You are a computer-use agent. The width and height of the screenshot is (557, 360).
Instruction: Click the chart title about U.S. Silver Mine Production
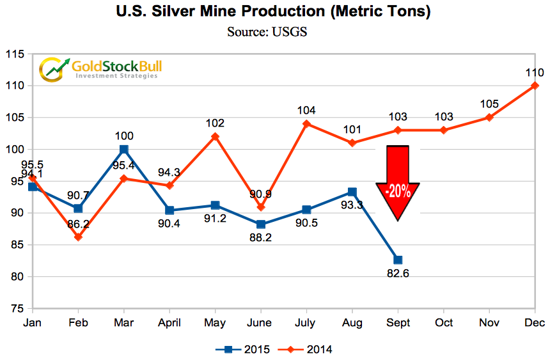(274, 12)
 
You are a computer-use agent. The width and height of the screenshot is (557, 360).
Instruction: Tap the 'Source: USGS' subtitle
(267, 31)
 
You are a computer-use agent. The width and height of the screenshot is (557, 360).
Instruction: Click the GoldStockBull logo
(99, 68)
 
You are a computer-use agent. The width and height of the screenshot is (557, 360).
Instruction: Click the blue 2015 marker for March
(124, 149)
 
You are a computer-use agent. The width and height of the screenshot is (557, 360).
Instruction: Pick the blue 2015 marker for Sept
(398, 260)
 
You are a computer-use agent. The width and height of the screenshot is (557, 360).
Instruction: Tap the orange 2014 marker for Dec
(535, 86)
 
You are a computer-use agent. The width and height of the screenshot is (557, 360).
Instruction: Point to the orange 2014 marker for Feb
(78, 237)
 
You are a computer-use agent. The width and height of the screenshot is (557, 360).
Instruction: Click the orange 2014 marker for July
(306, 123)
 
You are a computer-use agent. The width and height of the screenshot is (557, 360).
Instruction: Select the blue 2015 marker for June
(261, 224)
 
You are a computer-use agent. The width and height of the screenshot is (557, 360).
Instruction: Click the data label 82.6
(397, 276)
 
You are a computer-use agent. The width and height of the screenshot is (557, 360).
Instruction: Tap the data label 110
(535, 72)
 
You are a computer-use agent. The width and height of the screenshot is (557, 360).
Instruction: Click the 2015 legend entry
(242, 349)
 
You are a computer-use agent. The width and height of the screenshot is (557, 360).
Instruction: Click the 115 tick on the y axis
(15, 55)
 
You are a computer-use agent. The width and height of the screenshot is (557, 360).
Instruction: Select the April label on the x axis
(169, 323)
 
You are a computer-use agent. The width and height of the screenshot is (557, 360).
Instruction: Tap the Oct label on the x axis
(443, 323)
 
